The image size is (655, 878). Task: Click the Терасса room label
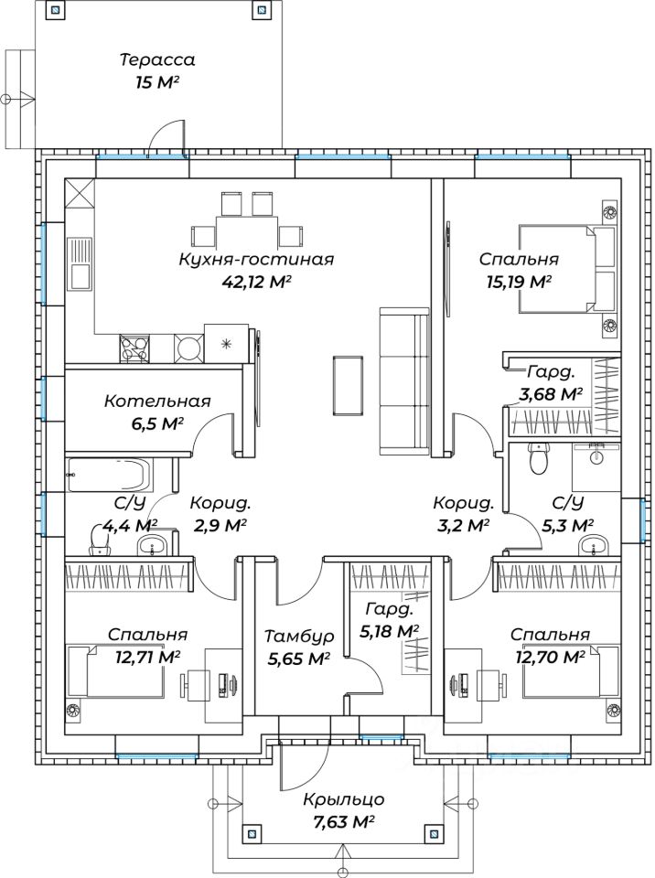point(157,59)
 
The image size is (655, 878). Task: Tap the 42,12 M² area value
point(257,282)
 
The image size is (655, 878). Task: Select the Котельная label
point(157,402)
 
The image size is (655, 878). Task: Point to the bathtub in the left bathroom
point(109,476)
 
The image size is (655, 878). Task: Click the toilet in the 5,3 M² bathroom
point(539,458)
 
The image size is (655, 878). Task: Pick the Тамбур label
point(299,637)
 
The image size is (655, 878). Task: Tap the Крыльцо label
point(343,799)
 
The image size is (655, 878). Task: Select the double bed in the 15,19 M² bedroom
point(567,269)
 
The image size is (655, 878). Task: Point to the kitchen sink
point(80,263)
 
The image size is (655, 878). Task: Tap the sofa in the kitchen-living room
point(404,380)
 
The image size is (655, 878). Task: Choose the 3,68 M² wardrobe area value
point(551,394)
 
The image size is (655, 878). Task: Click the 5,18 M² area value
point(390,632)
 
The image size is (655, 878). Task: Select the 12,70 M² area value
point(550,656)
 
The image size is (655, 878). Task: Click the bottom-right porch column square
point(433,832)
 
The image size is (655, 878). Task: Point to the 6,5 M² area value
point(157,423)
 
